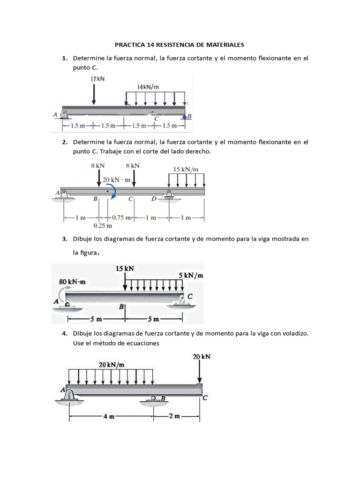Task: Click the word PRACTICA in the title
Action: tap(130, 45)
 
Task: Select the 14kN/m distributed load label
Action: tap(148, 87)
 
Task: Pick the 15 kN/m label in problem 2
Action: tap(186, 169)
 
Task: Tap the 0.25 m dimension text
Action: tap(103, 225)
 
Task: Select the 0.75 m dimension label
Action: tap(121, 217)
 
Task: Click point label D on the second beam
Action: tap(153, 199)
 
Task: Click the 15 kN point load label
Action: tap(124, 269)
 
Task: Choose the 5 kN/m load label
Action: tap(191, 275)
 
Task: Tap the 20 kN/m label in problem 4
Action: tap(112, 364)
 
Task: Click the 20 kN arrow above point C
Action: tap(200, 373)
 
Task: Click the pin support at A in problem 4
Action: tap(69, 395)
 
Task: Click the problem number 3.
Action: tap(64, 239)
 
